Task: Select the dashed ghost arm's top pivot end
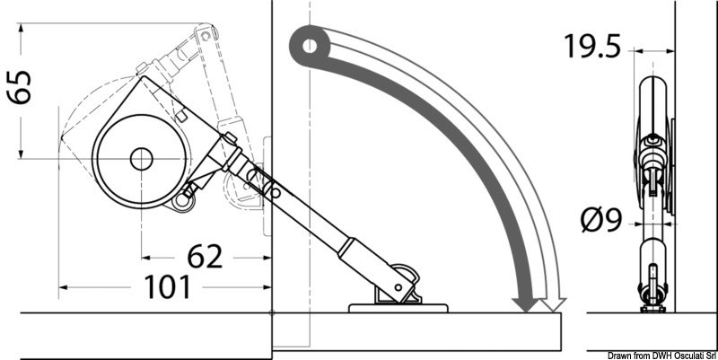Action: click(207, 35)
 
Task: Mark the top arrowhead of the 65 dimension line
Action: click(21, 30)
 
